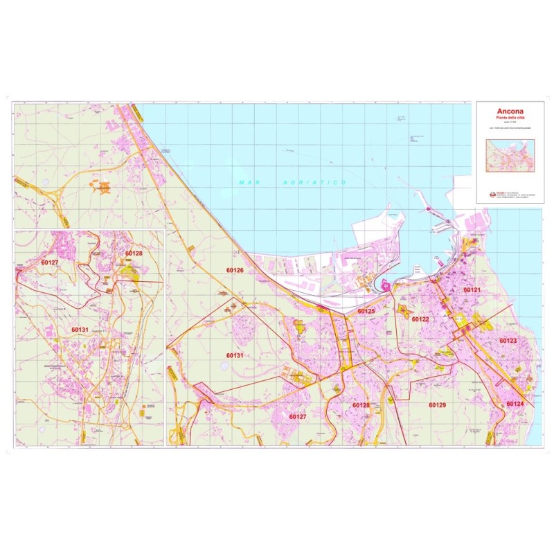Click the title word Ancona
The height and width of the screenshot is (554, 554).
point(510,111)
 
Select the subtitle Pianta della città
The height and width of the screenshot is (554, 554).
point(510,119)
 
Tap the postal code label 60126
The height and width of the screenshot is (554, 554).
point(235,270)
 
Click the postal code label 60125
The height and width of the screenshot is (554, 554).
point(366,312)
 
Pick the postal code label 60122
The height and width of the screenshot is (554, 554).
point(420,319)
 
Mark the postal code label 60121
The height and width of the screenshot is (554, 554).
point(472,289)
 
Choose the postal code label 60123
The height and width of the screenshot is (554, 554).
point(508,341)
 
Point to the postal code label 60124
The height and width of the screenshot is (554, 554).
point(515,404)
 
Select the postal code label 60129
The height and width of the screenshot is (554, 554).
point(437,404)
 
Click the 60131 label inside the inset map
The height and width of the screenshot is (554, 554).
point(80,330)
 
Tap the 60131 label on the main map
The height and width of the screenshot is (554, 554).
point(235,355)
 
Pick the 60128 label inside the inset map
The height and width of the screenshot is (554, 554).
point(134,253)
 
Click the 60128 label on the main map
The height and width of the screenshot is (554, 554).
point(361,405)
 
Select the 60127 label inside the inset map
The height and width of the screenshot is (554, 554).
point(50,263)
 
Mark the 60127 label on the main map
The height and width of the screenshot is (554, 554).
point(298,416)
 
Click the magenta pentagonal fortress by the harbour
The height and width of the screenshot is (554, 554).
point(386,285)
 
